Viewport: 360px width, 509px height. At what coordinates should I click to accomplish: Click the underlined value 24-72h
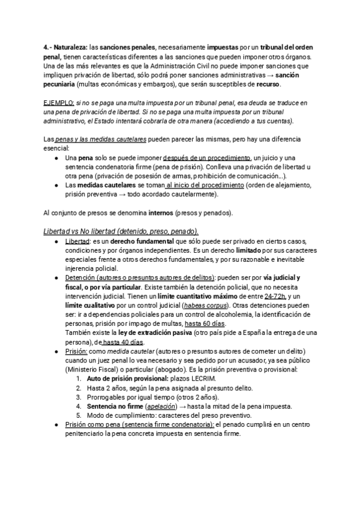pyautogui.click(x=275, y=297)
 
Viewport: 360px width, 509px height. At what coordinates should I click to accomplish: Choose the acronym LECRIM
pyautogui.click(x=205, y=380)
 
